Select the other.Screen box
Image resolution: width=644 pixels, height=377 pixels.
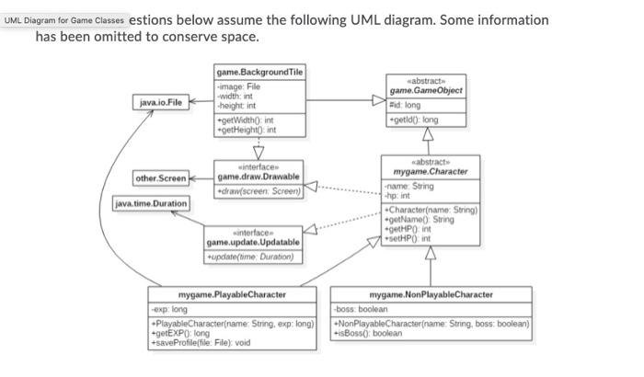[x=160, y=177]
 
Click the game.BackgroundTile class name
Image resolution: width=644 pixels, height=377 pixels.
[x=259, y=72]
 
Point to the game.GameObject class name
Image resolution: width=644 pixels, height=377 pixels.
[x=425, y=90]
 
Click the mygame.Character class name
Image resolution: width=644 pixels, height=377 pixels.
[x=430, y=171]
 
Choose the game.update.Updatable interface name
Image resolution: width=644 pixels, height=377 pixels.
[x=253, y=242]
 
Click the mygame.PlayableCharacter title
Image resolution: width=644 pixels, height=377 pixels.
[x=232, y=294]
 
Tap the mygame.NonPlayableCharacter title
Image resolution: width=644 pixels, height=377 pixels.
[x=431, y=294]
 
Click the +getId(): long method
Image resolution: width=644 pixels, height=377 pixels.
[x=413, y=119]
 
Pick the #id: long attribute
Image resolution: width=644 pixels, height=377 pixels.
[x=405, y=104]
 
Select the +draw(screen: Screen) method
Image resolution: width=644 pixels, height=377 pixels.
[x=259, y=191]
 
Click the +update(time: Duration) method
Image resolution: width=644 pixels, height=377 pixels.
[x=251, y=257]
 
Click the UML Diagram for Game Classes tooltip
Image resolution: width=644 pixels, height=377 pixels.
[x=63, y=19]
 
